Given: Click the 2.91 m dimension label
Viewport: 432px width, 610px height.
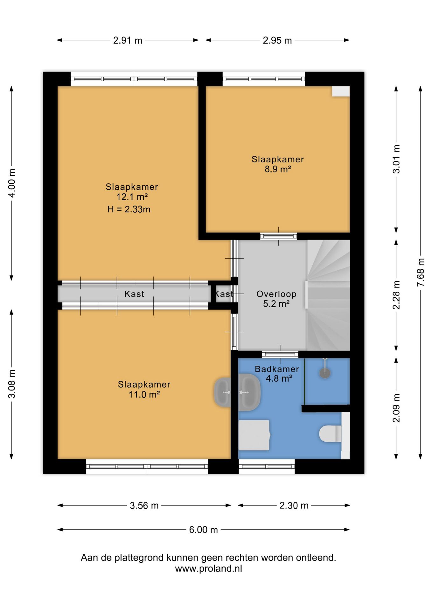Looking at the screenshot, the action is click(x=128, y=41).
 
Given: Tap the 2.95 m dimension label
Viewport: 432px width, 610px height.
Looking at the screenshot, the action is click(x=277, y=41).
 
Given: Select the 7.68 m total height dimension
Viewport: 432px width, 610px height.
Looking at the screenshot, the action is click(x=421, y=272).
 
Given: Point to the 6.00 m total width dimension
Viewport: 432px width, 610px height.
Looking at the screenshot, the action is click(x=203, y=530).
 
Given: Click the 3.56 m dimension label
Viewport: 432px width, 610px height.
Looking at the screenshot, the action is click(x=144, y=505).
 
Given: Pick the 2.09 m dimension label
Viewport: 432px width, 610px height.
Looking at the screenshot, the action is click(x=396, y=408).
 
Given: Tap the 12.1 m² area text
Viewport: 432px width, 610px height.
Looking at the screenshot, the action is click(x=132, y=197).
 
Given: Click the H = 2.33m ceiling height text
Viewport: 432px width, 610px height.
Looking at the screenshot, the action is click(x=129, y=209).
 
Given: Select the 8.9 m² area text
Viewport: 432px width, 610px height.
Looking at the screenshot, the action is click(x=278, y=169).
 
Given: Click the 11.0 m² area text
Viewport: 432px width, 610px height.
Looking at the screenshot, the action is click(x=144, y=395).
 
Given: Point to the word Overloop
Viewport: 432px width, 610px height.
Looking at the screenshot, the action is click(x=276, y=294).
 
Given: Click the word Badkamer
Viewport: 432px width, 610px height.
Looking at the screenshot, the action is click(x=277, y=369).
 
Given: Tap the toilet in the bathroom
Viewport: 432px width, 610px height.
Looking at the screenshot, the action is click(x=330, y=434).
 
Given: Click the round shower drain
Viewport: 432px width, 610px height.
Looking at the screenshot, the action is click(x=325, y=373).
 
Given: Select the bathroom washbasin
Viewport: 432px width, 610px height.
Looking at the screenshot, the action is click(x=249, y=392).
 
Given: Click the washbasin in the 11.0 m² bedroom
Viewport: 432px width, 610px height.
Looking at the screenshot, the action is click(x=222, y=392).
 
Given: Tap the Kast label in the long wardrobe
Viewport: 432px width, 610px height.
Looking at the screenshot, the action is click(x=134, y=294).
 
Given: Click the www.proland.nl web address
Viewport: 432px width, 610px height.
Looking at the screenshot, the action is click(x=209, y=568).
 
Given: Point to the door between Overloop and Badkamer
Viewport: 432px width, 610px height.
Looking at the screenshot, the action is click(x=280, y=354).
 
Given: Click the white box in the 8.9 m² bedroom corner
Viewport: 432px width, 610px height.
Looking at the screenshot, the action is click(x=341, y=91).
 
